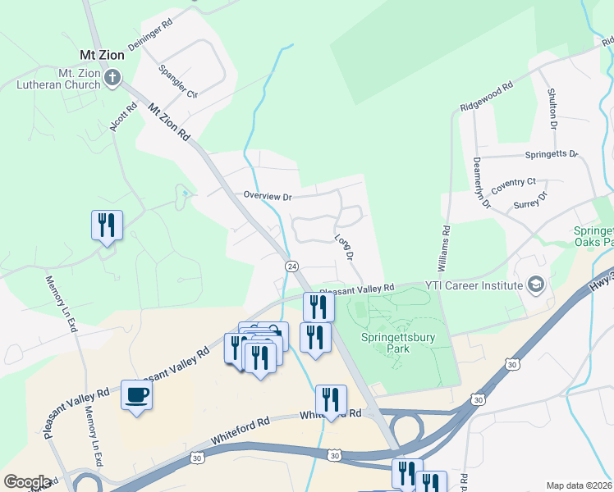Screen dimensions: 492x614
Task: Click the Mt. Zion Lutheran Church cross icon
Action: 112,79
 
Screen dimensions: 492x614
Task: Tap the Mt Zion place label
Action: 100,55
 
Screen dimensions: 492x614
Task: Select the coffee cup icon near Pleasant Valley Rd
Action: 136,396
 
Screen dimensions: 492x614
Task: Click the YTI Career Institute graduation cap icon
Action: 536,285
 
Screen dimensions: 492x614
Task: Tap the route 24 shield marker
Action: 291,266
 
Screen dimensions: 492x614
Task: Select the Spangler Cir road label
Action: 179,82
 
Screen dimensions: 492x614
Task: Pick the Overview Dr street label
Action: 268,196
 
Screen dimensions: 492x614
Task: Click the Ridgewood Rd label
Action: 487,95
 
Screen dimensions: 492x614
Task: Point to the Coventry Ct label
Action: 513,186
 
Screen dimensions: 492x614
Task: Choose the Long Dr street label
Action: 344,248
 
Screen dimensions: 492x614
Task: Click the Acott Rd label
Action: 123,117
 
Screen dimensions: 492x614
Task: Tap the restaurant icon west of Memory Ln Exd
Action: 107,225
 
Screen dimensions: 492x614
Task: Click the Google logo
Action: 27,482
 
